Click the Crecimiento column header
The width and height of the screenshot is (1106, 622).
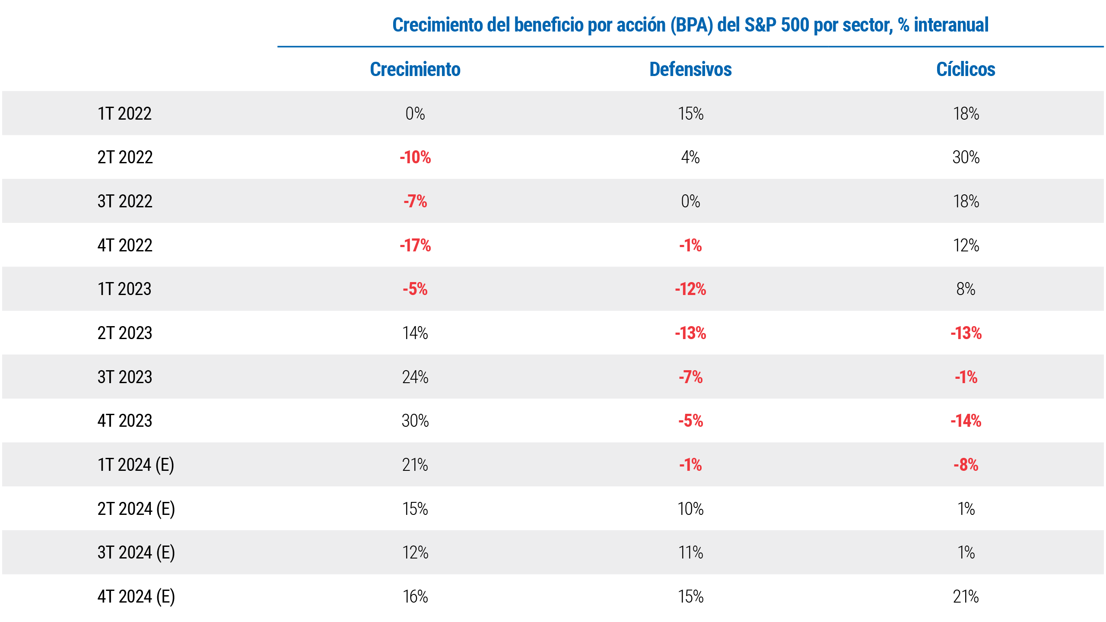[415, 70]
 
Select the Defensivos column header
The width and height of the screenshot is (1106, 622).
[690, 70]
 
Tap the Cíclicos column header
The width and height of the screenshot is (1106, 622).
[966, 70]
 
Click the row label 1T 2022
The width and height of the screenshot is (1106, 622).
[124, 114]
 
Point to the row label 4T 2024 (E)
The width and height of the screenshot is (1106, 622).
[136, 597]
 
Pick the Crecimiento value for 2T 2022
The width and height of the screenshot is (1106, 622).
[415, 157]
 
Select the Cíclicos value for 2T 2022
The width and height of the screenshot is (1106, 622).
[966, 157]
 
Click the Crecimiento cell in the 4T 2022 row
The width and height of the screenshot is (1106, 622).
[415, 245]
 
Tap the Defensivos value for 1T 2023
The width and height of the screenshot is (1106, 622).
[690, 289]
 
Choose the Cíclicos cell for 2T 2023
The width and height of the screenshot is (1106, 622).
[966, 333]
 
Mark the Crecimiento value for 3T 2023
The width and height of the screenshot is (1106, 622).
[415, 377]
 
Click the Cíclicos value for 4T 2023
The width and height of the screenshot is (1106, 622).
[966, 421]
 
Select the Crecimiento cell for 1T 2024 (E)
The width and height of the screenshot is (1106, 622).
[415, 465]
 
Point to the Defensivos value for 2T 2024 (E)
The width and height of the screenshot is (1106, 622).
[690, 509]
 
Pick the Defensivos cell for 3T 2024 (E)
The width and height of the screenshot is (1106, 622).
[690, 552]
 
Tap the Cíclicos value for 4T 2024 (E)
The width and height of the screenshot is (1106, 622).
[966, 597]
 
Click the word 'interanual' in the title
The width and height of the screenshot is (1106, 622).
[951, 25]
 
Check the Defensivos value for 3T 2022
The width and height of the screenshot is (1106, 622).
[690, 201]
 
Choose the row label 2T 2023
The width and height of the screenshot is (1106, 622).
[125, 333]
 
